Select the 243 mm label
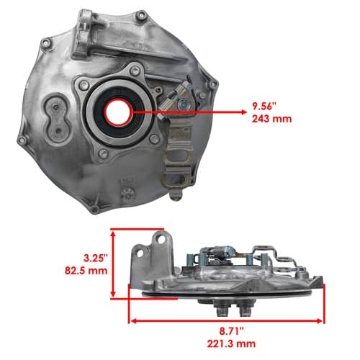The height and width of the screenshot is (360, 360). point(271,119)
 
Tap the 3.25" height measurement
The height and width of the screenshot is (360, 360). point(95,258)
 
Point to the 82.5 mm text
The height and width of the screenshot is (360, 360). point(86,271)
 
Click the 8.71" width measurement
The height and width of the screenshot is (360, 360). point(231,331)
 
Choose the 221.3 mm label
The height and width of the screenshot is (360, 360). point(231,343)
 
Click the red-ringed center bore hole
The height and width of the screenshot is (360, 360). point(118,112)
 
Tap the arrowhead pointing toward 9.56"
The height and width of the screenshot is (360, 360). point(243,112)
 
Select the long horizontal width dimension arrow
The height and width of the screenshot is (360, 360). point(227,321)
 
